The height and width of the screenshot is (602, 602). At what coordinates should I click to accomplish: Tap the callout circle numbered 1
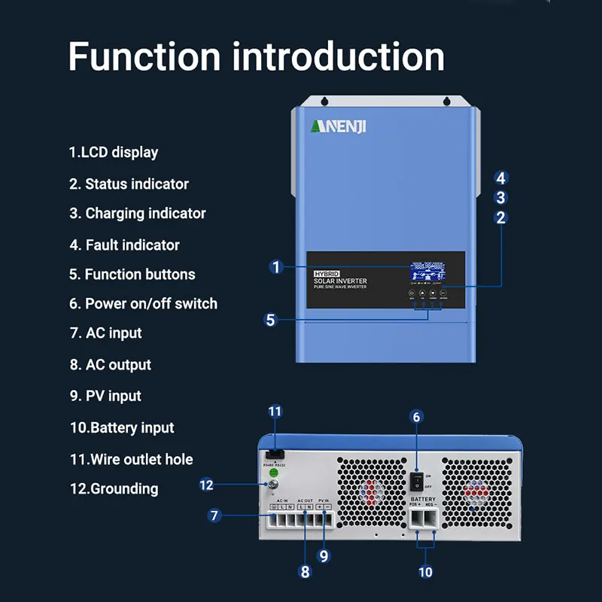click(x=276, y=266)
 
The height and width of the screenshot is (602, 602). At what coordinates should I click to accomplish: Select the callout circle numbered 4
click(x=501, y=178)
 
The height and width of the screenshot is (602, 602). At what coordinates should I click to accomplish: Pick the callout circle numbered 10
click(x=426, y=572)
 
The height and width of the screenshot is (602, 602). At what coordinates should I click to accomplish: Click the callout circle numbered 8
click(x=305, y=571)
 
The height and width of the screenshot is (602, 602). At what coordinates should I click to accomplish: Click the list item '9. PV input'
click(x=105, y=396)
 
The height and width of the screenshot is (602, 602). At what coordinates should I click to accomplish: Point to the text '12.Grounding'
click(x=114, y=488)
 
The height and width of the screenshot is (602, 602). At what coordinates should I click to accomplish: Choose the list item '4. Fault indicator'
click(x=124, y=245)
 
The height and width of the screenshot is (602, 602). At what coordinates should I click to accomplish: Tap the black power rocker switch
click(x=414, y=481)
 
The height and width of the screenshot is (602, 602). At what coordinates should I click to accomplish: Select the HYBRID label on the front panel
click(x=327, y=274)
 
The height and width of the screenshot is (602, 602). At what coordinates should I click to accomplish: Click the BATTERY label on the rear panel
click(x=423, y=500)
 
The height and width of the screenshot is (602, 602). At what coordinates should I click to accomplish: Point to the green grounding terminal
click(x=275, y=474)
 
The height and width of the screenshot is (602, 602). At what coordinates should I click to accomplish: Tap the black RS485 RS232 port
click(x=275, y=455)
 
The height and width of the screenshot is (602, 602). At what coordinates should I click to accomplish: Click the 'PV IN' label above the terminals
click(x=324, y=500)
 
